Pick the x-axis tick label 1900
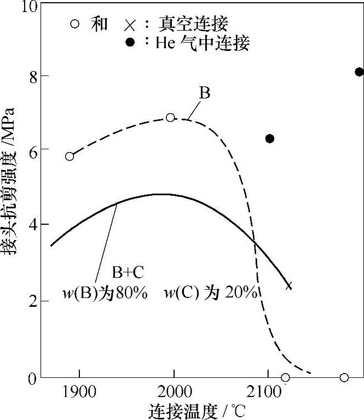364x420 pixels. coord(80,392)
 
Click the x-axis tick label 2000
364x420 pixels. coord(174,392)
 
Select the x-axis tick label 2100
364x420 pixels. coord(268,392)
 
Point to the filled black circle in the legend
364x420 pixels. coord(130,43)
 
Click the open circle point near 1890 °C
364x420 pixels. coord(70,156)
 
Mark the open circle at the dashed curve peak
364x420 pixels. coord(170,118)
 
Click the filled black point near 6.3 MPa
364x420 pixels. coord(269,139)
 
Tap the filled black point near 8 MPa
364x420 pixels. coord(359,72)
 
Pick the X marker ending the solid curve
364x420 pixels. coord(289,286)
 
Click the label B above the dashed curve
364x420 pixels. coord(204,93)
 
